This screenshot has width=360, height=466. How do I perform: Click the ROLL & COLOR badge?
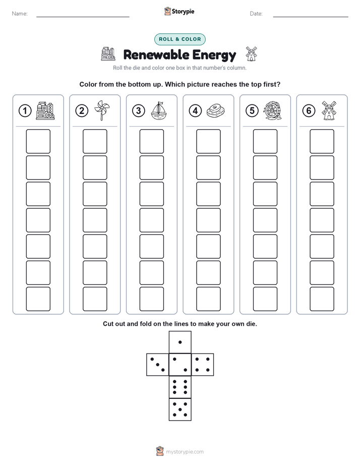click(x=179, y=39)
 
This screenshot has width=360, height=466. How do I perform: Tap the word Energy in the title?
click(x=214, y=55)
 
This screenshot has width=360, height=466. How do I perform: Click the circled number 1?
click(x=25, y=111)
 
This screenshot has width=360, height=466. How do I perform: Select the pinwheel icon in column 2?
click(x=102, y=110)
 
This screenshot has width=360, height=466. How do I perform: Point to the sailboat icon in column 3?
click(x=159, y=110)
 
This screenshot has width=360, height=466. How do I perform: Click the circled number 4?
click(x=195, y=111)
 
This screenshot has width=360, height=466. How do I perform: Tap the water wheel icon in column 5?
click(x=272, y=111)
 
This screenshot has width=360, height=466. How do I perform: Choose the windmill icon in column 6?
click(x=329, y=110)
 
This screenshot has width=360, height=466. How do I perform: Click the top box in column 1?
click(x=38, y=141)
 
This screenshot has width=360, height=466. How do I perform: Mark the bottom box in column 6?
click(x=322, y=299)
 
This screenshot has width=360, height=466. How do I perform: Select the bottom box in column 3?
click(x=151, y=299)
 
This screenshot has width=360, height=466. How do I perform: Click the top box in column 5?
click(x=265, y=141)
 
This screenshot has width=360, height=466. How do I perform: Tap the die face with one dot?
click(x=180, y=342)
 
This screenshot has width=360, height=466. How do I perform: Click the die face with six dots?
click(x=180, y=387)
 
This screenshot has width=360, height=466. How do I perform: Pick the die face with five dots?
click(x=180, y=410)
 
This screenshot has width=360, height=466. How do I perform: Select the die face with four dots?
click(x=203, y=365)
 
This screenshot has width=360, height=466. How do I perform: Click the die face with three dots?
click(x=158, y=365)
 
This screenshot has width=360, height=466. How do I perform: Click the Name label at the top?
click(x=20, y=14)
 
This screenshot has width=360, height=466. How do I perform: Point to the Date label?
click(x=256, y=14)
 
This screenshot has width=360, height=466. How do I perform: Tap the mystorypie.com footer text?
click(x=185, y=452)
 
